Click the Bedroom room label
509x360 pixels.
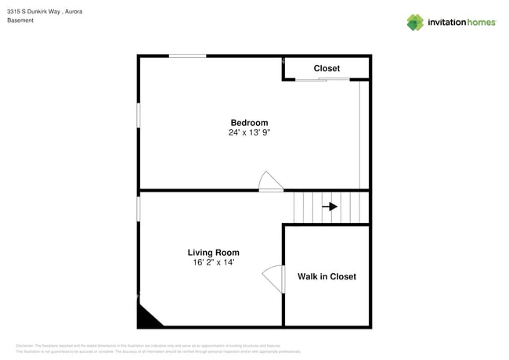pyautogui.click(x=249, y=123)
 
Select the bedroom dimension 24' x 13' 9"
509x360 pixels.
pyautogui.click(x=249, y=133)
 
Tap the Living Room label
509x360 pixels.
pyautogui.click(x=213, y=253)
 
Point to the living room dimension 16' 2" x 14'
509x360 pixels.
pyautogui.click(x=213, y=263)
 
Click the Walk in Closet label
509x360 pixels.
pyautogui.click(x=327, y=276)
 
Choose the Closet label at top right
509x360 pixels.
pyautogui.click(x=327, y=69)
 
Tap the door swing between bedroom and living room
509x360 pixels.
pyautogui.click(x=270, y=182)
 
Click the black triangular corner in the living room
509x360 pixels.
pyautogui.click(x=146, y=317)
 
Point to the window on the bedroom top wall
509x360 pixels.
pyautogui.click(x=188, y=56)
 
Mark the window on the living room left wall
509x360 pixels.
pyautogui.click(x=139, y=208)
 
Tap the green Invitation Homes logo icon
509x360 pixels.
pyautogui.click(x=415, y=22)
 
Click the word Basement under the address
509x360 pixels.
pyautogui.click(x=20, y=20)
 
